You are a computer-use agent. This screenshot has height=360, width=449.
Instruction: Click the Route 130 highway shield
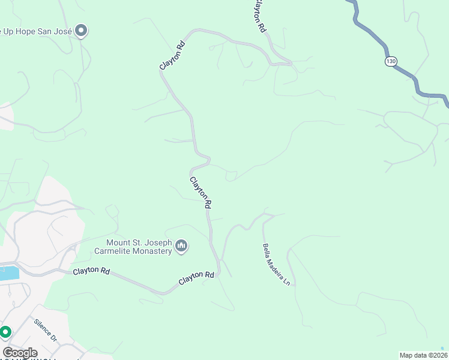point(391,61)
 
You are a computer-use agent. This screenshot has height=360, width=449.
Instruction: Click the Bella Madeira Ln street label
point(276,264)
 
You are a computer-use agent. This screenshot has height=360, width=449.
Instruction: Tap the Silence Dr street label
point(46,331)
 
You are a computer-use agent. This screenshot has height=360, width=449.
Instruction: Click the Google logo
point(20,353)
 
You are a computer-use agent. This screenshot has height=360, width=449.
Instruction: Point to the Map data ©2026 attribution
point(423,355)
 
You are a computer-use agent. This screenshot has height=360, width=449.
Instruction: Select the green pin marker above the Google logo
point(5,331)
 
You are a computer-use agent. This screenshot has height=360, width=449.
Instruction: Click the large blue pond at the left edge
point(8,274)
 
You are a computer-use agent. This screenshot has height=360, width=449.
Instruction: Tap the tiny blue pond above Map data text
point(442,348)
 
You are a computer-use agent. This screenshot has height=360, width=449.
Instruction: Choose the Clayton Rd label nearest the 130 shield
point(259,16)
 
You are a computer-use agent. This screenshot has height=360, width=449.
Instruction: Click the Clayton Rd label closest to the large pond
point(91,272)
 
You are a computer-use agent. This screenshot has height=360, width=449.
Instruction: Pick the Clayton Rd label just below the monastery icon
point(196,278)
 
